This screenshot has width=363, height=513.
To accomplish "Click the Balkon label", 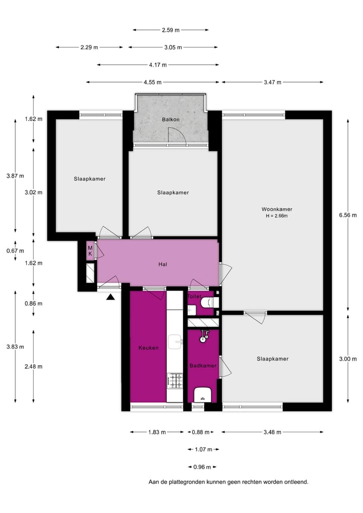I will tap(170, 120).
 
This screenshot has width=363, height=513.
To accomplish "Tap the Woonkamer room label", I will tap(277, 209).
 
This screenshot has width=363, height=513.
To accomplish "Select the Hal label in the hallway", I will tap(162, 264).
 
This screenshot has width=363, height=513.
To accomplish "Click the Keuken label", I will tap(149, 348).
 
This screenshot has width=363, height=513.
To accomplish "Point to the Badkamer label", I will tap(202, 365).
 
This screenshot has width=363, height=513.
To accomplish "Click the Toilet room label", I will tap(195, 297).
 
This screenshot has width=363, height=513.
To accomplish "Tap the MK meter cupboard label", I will tap(90, 250).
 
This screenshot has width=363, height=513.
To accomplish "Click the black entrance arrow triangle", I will tap(111, 297).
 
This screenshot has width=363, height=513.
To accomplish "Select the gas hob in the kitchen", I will tap(175, 381).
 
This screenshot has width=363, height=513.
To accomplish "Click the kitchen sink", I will tap(175, 341).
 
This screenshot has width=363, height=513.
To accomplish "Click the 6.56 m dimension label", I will tap(347, 215).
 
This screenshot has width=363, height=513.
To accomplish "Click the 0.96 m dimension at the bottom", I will tap(202, 467).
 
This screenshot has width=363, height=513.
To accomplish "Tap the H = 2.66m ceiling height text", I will tap(277, 216).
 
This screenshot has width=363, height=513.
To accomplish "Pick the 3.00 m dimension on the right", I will tap(347, 359).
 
